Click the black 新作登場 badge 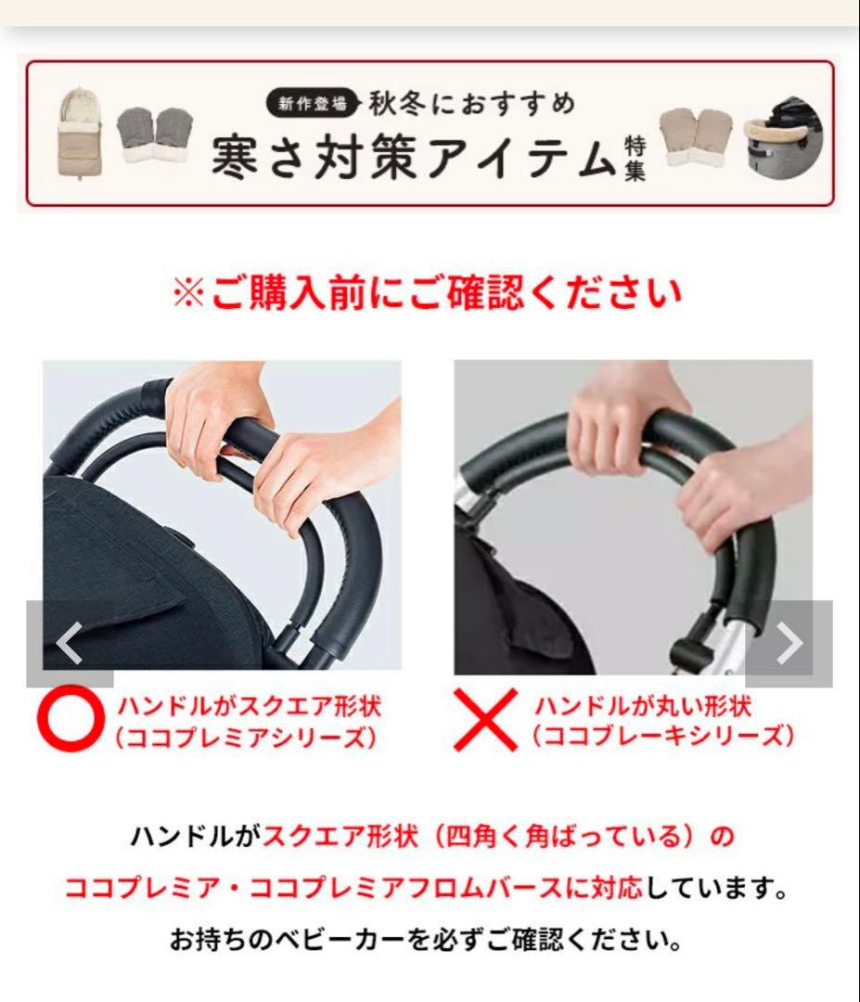(x=312, y=103)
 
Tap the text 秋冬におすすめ (x=471, y=102)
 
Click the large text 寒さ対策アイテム (x=413, y=156)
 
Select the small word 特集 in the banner (x=635, y=157)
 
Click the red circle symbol (x=70, y=721)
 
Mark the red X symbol (x=484, y=722)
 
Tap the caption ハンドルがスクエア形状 (x=249, y=706)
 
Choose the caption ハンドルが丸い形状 (x=642, y=706)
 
